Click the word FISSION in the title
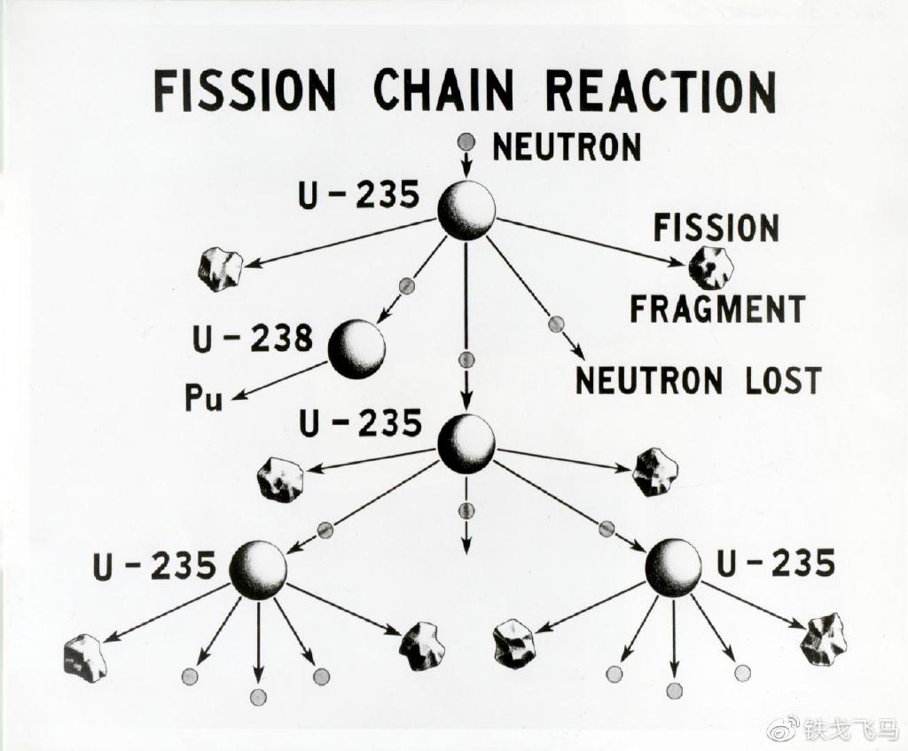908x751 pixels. point(245,91)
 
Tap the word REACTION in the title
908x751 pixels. point(661,91)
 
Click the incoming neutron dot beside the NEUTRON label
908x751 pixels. point(466,141)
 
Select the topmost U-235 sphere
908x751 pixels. point(466,210)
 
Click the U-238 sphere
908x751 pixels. point(356,349)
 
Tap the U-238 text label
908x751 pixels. point(253,338)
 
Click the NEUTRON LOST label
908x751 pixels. point(699,379)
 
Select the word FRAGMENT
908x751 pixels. point(717,308)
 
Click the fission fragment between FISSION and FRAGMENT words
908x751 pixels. point(711,268)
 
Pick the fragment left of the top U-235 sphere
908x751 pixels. point(220,270)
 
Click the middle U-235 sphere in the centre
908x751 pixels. point(466,444)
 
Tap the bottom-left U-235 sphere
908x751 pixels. point(258,570)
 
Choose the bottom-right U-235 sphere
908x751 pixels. point(673,567)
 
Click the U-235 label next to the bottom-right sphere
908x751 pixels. point(776,563)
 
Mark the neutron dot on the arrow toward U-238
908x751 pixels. point(406,286)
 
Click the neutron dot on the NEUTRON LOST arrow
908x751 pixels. point(556,325)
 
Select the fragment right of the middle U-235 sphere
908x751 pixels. point(655,472)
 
